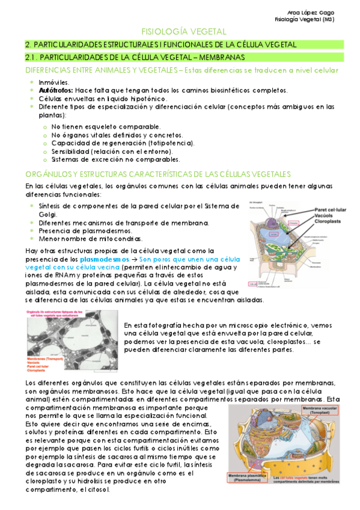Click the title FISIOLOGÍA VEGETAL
click(x=183, y=31)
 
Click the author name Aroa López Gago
click(x=312, y=12)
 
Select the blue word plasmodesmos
click(x=103, y=259)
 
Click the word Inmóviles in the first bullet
click(x=53, y=82)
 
